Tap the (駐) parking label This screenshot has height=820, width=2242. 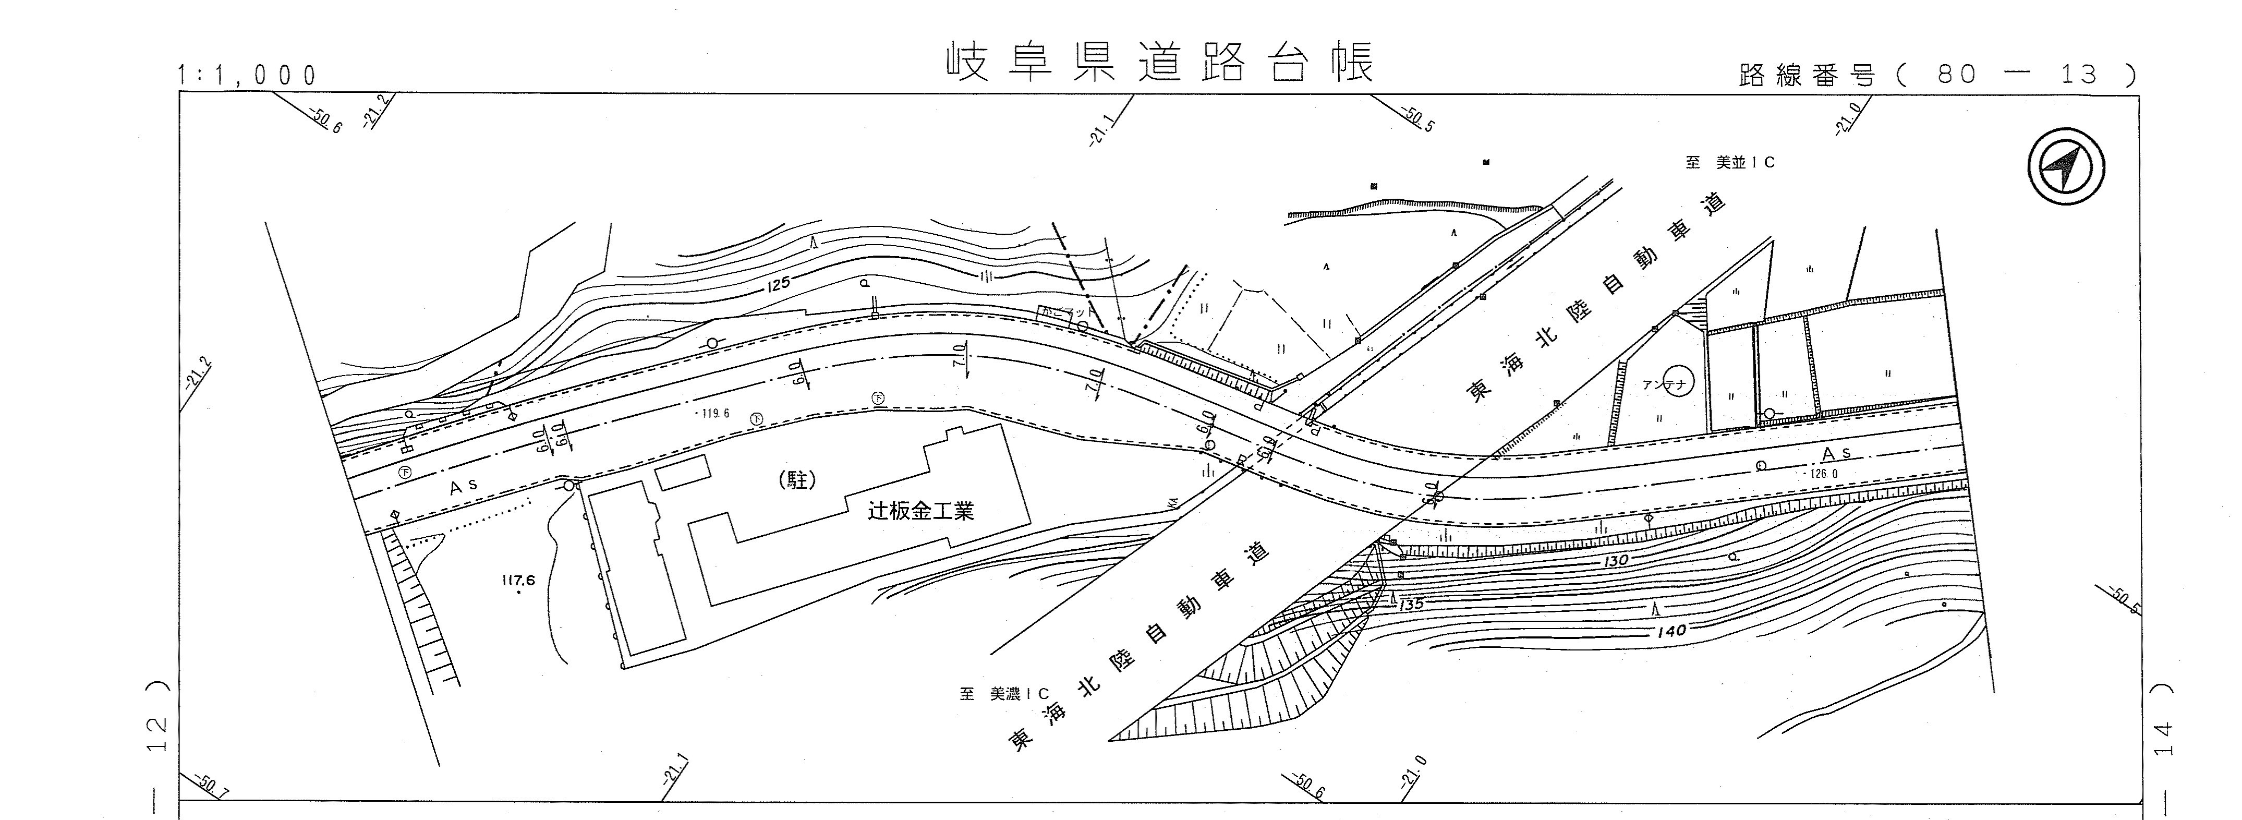point(797,480)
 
